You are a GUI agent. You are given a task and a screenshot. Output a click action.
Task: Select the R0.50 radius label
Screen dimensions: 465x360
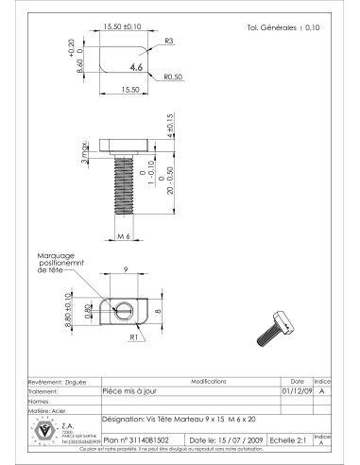coord(172,76)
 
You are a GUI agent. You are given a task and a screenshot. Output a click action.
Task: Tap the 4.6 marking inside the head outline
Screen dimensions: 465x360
coord(136,68)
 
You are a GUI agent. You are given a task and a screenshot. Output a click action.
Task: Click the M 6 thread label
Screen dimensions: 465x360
coord(122,234)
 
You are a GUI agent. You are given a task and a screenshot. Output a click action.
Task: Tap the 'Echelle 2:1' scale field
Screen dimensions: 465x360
coord(289,440)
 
